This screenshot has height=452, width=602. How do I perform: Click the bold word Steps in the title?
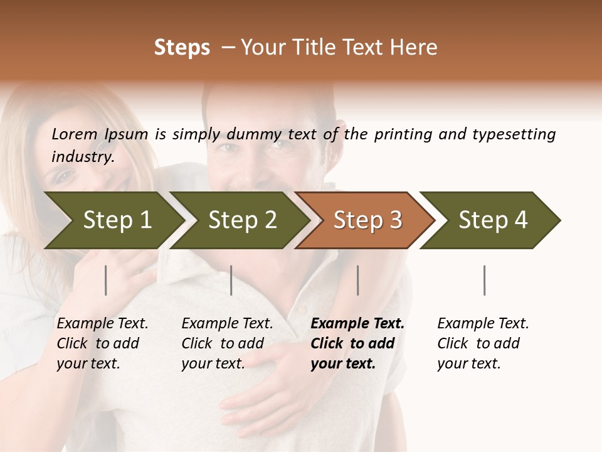182,48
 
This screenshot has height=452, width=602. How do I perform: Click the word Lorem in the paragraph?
74,134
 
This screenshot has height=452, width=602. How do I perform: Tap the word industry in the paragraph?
82,157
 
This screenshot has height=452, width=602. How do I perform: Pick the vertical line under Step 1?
106,280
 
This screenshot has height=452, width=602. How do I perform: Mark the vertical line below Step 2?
231,280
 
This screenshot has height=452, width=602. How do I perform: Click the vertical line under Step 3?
358,280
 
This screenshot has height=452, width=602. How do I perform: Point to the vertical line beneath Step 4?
485,280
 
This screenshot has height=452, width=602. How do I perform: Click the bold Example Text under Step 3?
357,324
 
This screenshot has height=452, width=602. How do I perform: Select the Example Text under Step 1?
102,324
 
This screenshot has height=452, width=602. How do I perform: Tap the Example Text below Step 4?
483,324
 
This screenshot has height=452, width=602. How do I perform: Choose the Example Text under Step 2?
227,324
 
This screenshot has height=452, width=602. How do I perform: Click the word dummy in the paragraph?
255,134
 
